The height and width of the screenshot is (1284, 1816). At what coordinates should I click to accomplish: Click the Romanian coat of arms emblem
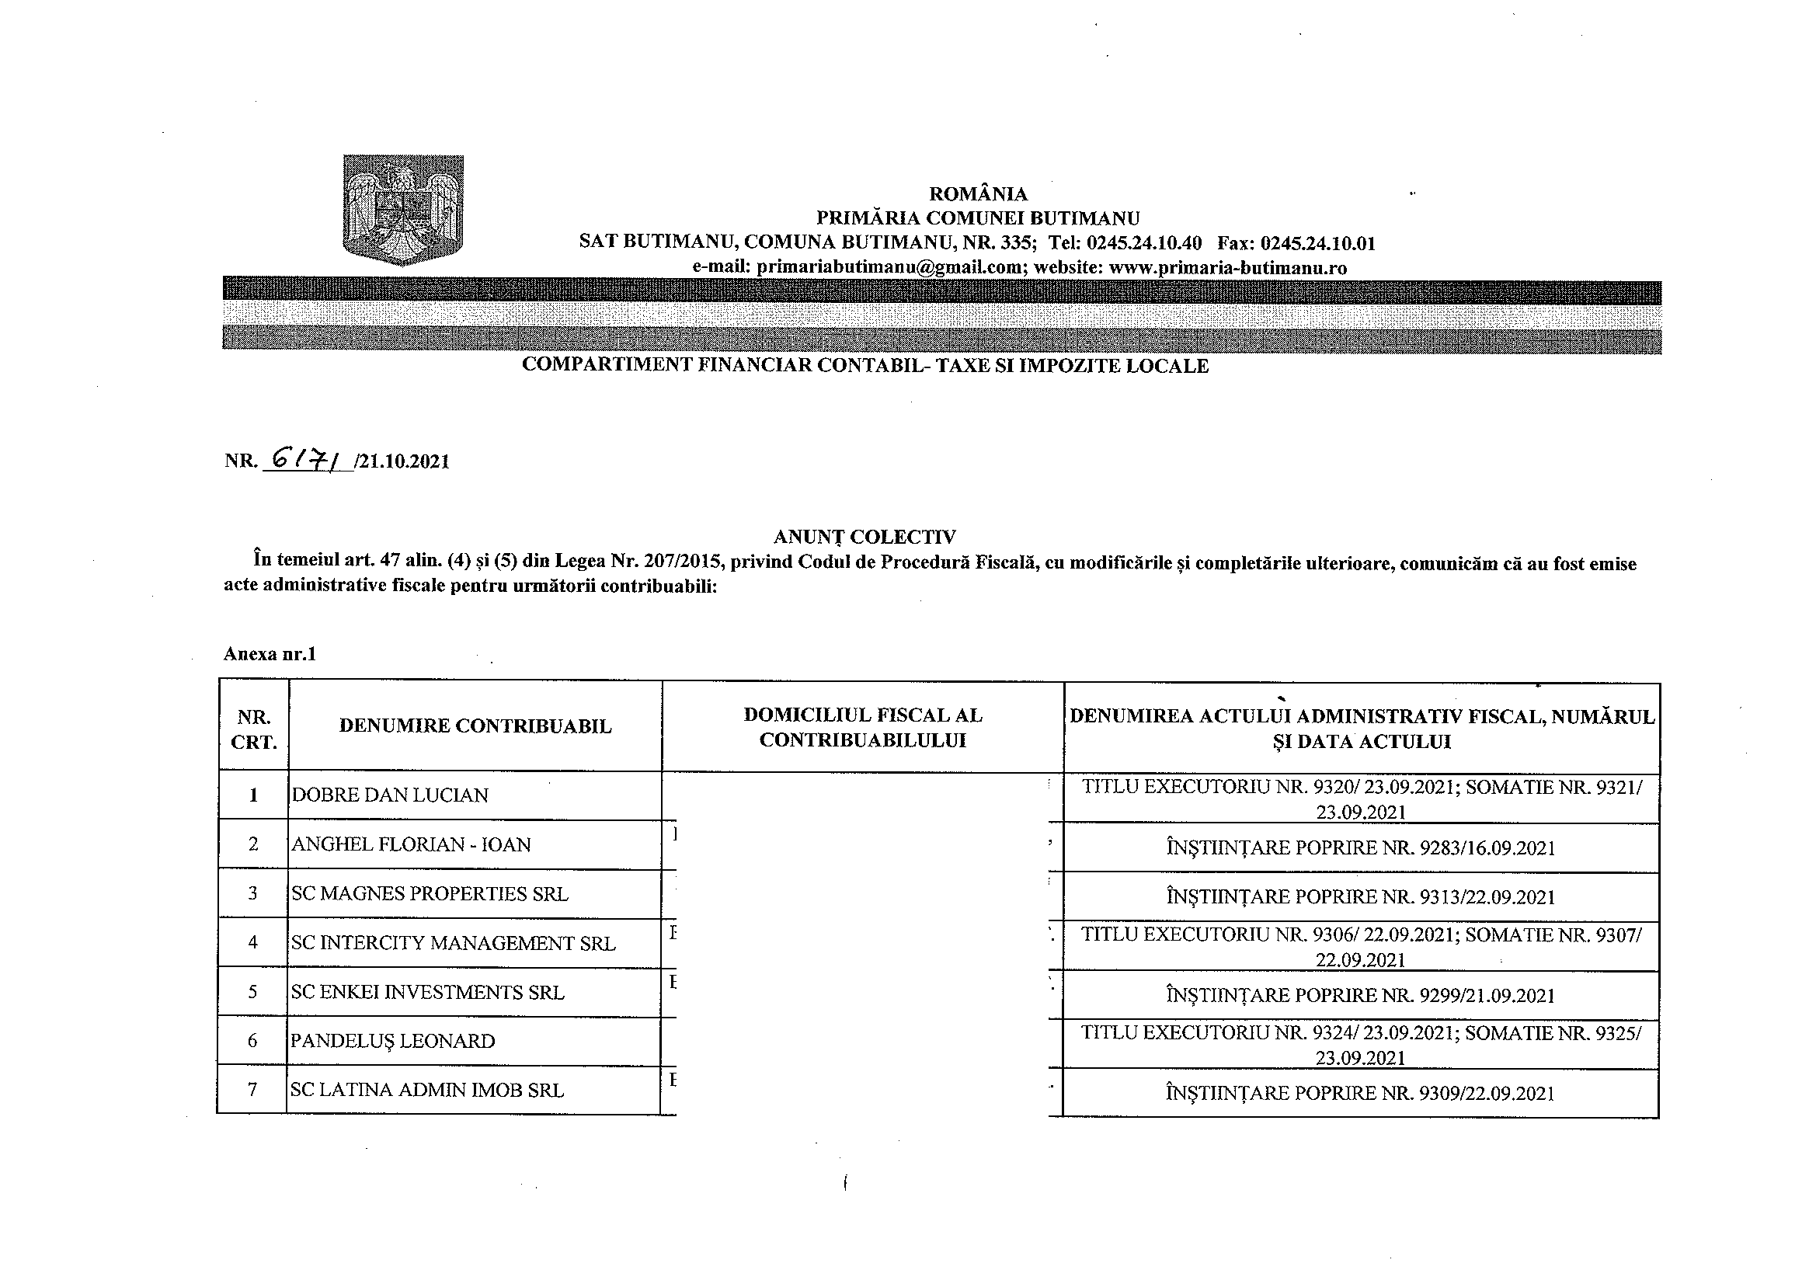pos(403,210)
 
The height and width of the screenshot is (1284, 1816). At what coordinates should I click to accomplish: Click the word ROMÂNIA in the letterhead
pos(978,194)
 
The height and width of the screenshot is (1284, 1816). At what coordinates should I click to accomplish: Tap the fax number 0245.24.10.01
pos(1317,243)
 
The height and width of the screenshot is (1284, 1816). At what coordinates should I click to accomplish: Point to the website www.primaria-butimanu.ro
pos(1227,267)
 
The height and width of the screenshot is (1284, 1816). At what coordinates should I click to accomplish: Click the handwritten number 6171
pos(307,459)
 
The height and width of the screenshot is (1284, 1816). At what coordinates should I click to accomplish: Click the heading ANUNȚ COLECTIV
pos(865,538)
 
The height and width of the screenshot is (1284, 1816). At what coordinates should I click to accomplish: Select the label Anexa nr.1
pos(270,654)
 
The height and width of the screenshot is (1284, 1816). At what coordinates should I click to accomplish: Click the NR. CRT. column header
pos(254,729)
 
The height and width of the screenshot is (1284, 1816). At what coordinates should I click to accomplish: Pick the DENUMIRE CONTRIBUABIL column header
pos(475,726)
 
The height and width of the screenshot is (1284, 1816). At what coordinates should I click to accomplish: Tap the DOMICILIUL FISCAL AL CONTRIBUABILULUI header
pos(863,728)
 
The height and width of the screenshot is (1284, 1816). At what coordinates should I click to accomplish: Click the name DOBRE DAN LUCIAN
pos(390,795)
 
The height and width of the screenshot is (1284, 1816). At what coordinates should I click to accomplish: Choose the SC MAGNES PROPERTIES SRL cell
pos(430,894)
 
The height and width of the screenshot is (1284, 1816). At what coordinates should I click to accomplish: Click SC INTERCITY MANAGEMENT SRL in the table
pos(452,943)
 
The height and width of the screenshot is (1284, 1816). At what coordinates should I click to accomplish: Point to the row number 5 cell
pos(253,992)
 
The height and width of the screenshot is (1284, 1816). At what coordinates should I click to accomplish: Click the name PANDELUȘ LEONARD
pos(392,1041)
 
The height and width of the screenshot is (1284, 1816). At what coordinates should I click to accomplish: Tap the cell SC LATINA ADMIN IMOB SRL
pos(427,1090)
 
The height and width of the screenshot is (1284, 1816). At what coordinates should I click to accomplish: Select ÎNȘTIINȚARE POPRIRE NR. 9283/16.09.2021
pos(1360,848)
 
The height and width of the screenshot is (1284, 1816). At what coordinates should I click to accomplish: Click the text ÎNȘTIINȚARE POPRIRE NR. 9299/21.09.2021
pos(1360,995)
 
